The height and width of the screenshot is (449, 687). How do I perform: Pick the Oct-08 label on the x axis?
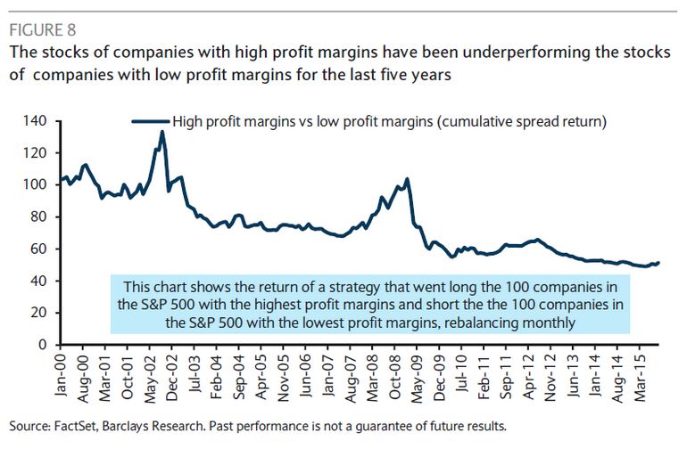point(392,374)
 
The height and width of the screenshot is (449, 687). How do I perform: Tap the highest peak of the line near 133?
point(161,132)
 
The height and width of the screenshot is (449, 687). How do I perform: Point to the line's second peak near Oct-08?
point(407,178)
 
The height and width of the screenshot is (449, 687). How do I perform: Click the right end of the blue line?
point(658,262)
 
